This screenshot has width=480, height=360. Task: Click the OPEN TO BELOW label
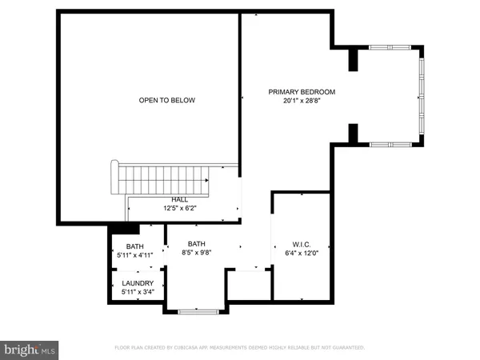tap(167, 100)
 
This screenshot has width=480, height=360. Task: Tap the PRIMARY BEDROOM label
tap(301, 92)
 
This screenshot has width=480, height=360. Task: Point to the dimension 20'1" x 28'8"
tap(301, 102)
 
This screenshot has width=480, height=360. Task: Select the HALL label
tap(179, 199)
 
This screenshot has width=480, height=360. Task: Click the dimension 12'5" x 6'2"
tap(179, 209)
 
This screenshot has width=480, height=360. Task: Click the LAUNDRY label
tap(136, 282)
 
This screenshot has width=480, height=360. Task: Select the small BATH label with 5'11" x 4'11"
tap(135, 246)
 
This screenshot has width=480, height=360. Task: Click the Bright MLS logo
tap(30, 350)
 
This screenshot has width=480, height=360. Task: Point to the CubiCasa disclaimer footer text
tap(240, 348)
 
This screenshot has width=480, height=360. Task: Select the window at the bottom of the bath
tap(198, 312)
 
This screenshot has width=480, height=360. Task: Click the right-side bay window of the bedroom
tap(422, 96)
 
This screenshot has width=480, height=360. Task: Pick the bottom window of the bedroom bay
tap(391, 144)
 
